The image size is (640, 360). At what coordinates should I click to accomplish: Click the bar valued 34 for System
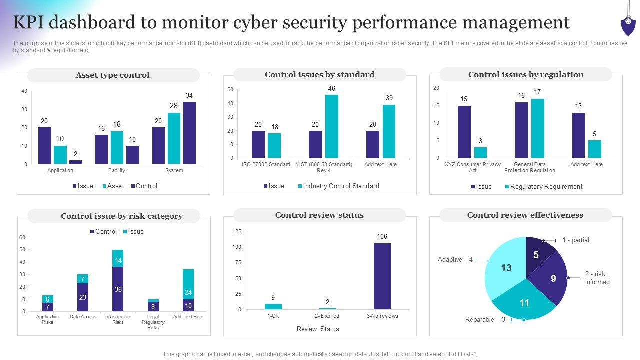point(189,133)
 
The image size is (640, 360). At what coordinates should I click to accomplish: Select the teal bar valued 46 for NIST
point(331,126)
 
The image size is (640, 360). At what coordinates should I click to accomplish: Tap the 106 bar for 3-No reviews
point(382,276)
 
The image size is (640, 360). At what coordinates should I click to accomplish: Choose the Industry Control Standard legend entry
point(341,186)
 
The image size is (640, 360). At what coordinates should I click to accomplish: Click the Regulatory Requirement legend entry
point(546,187)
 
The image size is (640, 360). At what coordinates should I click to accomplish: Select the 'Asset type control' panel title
point(113,75)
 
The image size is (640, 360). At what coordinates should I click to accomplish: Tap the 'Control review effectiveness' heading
point(525,215)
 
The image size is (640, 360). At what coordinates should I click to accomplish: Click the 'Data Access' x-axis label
point(83,317)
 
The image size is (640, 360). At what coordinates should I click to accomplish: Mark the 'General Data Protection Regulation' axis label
point(530,167)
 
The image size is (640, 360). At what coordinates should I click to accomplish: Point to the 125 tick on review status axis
point(237,231)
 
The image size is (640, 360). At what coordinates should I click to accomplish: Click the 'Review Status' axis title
point(318,329)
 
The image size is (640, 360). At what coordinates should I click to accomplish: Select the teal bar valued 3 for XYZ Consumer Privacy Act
point(480,152)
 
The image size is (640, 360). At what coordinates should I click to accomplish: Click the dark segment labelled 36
point(118,289)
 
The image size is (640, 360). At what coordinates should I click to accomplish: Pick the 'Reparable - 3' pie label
point(485,320)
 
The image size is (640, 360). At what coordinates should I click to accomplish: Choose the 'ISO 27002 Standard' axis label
point(266,164)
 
